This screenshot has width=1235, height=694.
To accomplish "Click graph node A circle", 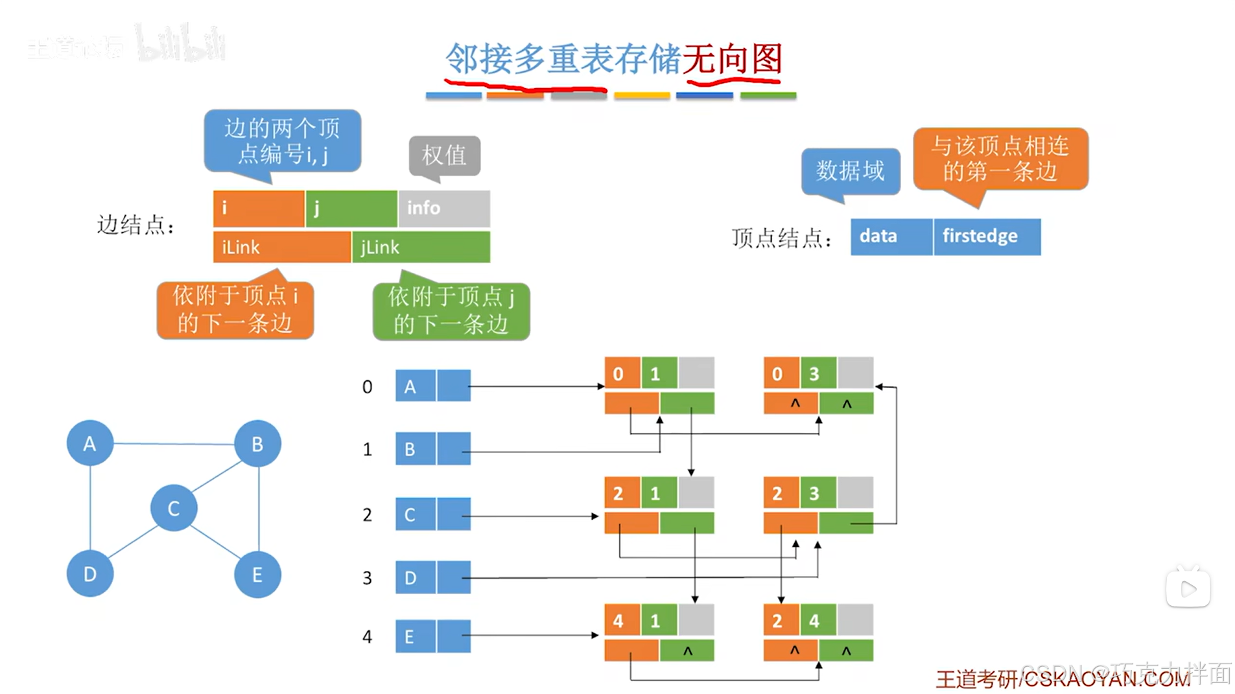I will point(89,443).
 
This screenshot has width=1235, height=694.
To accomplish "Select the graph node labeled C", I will point(174,508).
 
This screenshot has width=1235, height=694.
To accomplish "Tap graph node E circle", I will point(257,574).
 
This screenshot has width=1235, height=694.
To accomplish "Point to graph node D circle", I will point(90,574).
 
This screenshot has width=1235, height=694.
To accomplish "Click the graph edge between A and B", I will point(173,444).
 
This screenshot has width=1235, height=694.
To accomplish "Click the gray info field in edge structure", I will point(444,208).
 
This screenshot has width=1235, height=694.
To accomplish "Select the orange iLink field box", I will point(282,247).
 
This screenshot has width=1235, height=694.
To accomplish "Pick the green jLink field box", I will point(421,247).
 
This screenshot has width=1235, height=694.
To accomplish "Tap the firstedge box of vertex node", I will point(987,237).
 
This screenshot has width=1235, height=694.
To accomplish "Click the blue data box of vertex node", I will point(891,237).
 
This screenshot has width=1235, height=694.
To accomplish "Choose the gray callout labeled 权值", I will point(445,156).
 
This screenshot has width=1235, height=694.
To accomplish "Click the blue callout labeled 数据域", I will point(851,171).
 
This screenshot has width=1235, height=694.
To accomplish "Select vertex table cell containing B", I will point(416,449).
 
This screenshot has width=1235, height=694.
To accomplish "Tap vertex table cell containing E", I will point(416,636).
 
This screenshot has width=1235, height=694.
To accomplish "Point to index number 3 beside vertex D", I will point(367,577).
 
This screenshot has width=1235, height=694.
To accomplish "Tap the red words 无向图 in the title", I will point(733,60).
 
